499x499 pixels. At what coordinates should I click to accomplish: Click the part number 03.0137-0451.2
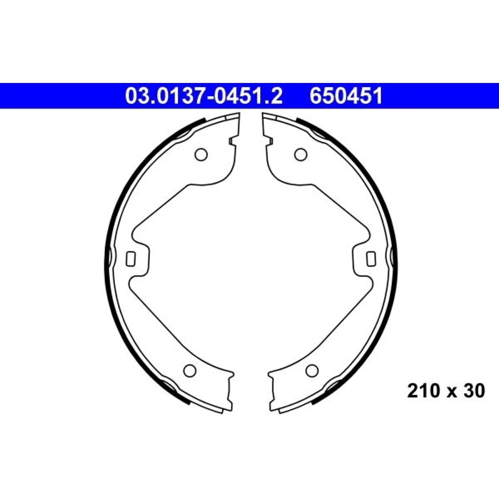[x=204, y=96]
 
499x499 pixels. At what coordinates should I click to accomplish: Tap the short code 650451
[x=346, y=96]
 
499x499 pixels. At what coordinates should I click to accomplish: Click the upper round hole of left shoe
[x=201, y=154]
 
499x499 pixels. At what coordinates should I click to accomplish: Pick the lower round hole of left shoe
[x=190, y=371]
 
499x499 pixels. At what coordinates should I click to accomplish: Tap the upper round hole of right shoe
[x=301, y=154]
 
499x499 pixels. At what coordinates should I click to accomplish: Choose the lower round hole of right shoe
[x=312, y=371]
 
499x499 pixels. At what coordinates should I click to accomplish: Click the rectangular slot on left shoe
[x=131, y=259]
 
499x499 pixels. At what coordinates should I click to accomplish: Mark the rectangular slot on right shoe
[x=371, y=259]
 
